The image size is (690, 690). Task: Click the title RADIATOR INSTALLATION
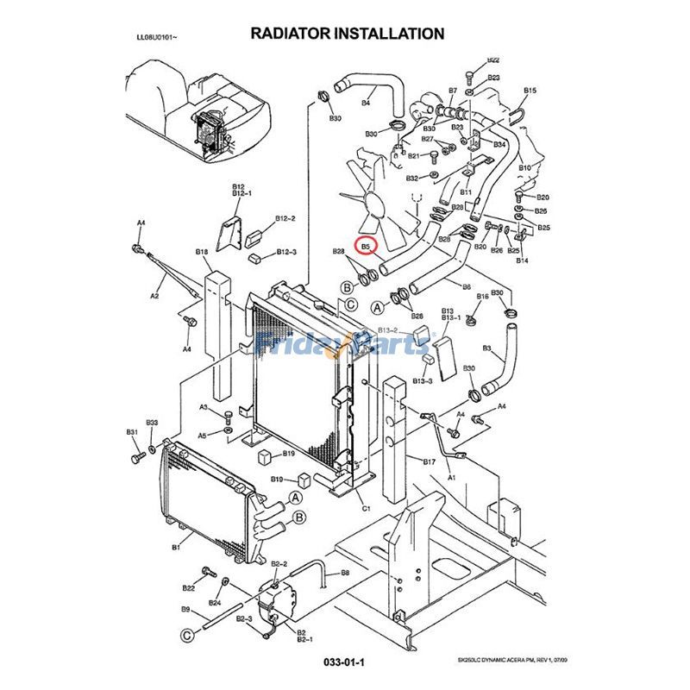(x=348, y=34)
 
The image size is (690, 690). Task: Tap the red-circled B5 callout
(x=366, y=246)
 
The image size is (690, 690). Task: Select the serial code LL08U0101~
(x=159, y=38)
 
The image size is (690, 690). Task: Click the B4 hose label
(x=365, y=103)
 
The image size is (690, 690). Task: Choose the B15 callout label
(x=530, y=91)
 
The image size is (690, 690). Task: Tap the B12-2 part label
(x=285, y=219)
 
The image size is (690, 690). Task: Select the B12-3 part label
(x=286, y=252)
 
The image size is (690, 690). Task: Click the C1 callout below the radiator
(x=365, y=508)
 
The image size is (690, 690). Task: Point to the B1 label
(x=176, y=546)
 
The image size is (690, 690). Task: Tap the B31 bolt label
(x=132, y=431)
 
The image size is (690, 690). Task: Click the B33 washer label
(x=152, y=423)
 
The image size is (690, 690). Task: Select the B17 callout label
(x=429, y=461)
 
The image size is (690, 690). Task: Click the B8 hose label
(x=345, y=572)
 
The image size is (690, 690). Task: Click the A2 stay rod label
(x=155, y=296)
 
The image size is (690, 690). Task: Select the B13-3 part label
(x=423, y=380)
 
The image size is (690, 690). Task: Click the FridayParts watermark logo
(x=345, y=344)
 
